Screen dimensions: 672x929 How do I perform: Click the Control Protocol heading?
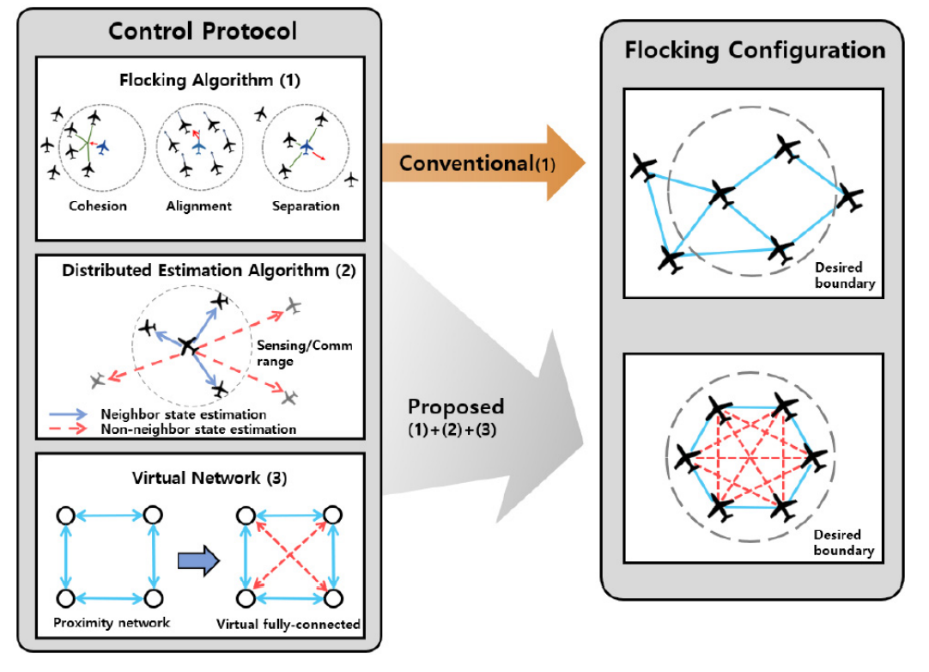pyautogui.click(x=203, y=32)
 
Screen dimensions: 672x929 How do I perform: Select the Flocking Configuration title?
pyautogui.click(x=755, y=50)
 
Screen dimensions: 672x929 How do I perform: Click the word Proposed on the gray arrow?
pyautogui.click(x=456, y=406)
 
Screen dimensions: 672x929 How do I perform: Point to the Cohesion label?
pyautogui.click(x=98, y=206)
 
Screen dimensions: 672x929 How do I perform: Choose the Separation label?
pyautogui.click(x=305, y=206)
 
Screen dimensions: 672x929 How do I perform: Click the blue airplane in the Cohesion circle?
pyautogui.click(x=104, y=148)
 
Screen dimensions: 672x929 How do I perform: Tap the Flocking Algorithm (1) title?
pyautogui.click(x=203, y=82)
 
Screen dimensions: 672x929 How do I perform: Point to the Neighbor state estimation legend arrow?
pyautogui.click(x=72, y=412)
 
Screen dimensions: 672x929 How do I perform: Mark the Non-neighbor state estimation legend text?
pyautogui.click(x=198, y=428)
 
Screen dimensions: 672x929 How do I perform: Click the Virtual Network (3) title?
pyautogui.click(x=203, y=478)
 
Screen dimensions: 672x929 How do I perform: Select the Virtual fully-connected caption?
pyautogui.click(x=288, y=624)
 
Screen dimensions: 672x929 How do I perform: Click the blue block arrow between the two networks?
pyautogui.click(x=195, y=560)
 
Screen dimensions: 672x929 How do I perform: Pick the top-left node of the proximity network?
pyautogui.click(x=64, y=516)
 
